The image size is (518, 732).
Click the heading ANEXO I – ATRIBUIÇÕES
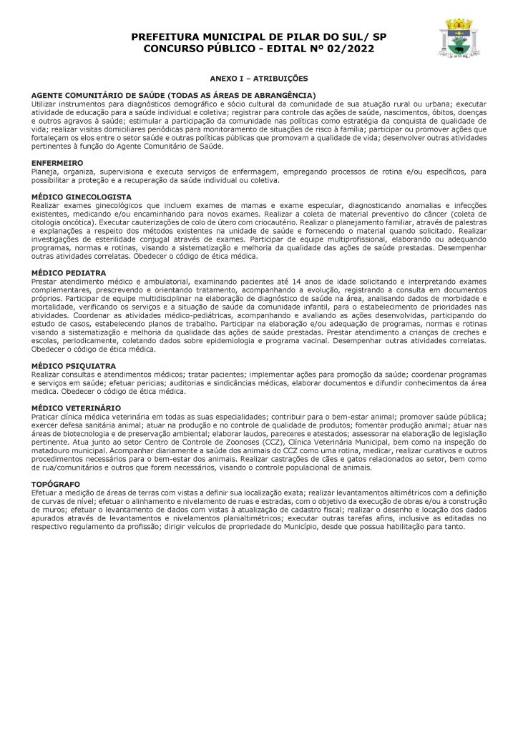pos(258,77)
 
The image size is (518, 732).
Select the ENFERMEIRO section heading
pos(58,163)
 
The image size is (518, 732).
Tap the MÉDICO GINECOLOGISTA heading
pos(82,196)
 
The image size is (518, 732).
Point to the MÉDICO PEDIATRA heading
pos(69,272)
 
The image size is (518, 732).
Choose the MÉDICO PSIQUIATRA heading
pos(74,365)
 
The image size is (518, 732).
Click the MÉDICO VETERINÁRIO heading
pos(76,407)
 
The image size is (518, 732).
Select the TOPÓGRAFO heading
pos(56,484)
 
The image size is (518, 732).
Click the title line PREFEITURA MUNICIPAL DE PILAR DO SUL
pos(258,36)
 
